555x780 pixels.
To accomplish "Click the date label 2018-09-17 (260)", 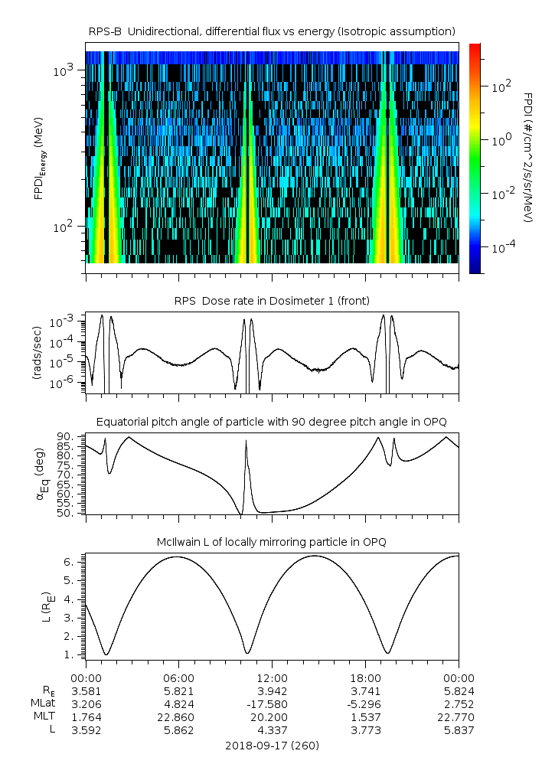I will [x=272, y=745].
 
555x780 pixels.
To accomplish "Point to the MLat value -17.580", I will [x=272, y=703].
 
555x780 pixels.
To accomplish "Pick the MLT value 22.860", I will [x=178, y=716].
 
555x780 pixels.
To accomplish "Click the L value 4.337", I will [x=272, y=729].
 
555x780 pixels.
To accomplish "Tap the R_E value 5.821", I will [x=178, y=690].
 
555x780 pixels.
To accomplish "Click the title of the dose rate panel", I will [x=272, y=299].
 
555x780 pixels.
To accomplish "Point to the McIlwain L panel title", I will [x=272, y=542].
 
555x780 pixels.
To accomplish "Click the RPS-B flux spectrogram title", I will [x=272, y=31].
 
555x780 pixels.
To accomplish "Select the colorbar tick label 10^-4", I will [x=501, y=248].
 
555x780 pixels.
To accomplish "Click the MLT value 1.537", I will [x=365, y=716].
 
